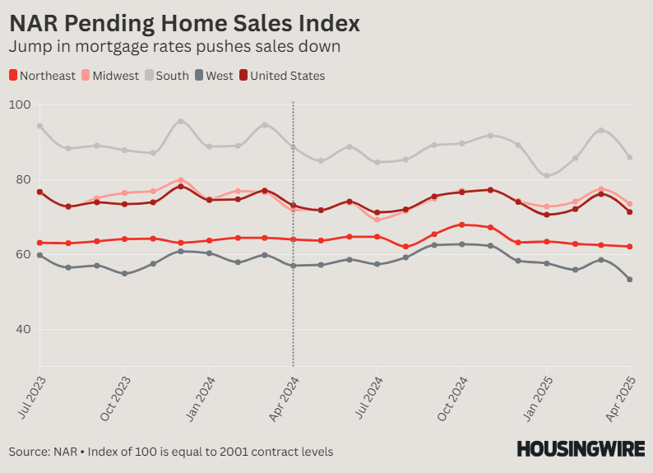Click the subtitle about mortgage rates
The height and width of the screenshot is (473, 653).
click(x=174, y=46)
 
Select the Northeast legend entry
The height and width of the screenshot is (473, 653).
click(x=42, y=76)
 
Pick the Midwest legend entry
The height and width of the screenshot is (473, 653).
click(x=110, y=76)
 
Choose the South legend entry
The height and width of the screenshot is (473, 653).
click(x=167, y=76)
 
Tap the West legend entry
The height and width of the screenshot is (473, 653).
click(x=213, y=76)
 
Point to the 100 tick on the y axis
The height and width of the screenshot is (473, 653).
click(x=20, y=105)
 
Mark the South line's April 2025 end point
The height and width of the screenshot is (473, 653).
click(x=630, y=157)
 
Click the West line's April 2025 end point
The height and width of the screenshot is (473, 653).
click(x=630, y=280)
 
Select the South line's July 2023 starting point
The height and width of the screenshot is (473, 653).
click(x=39, y=126)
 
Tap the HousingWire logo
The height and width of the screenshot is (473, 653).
click(x=580, y=449)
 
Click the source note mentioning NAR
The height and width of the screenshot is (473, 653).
click(x=171, y=452)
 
